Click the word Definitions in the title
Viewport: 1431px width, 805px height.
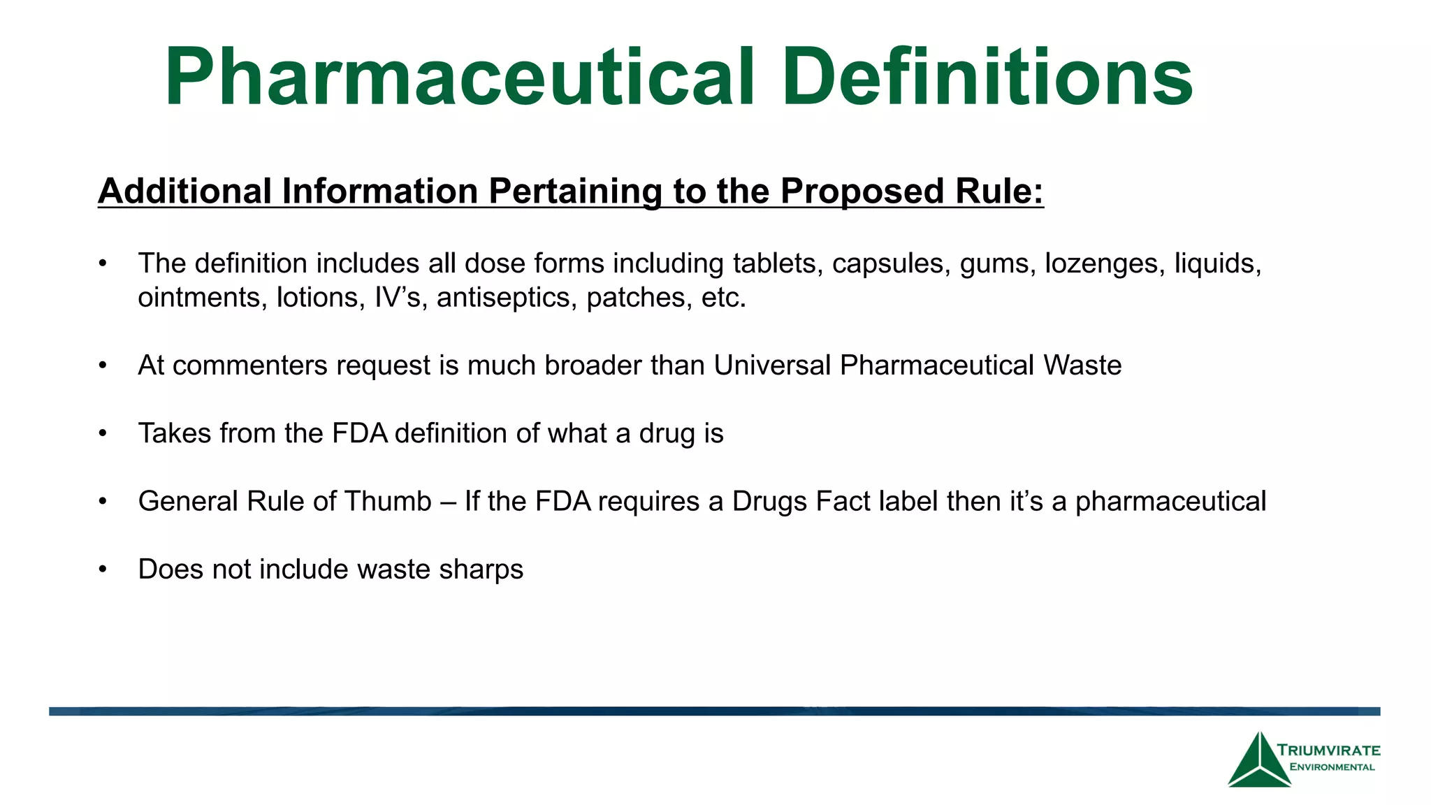pos(987,77)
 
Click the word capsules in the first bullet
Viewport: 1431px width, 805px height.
pos(891,264)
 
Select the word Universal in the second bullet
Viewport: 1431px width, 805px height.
pos(772,365)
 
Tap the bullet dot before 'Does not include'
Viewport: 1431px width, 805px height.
pos(103,570)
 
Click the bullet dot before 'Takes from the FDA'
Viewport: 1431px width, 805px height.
pos(103,434)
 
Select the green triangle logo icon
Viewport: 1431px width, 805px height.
pos(1258,762)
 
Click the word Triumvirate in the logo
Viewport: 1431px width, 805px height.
pos(1329,750)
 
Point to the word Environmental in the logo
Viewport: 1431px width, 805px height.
pos(1332,767)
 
